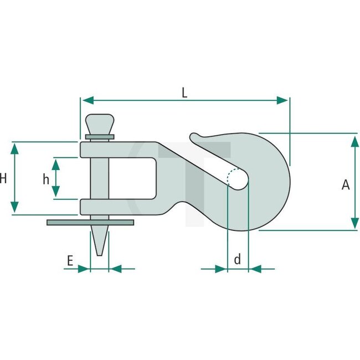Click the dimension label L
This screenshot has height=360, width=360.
point(184,92)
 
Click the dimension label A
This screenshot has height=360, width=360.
point(346,185)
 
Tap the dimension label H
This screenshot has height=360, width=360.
point(3,178)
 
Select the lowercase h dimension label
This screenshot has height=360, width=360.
point(47,178)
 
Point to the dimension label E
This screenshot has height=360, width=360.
point(70,260)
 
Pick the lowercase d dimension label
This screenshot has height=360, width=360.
point(238,259)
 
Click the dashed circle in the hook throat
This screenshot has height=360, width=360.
point(238,178)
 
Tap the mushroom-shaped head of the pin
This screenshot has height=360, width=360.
point(100,123)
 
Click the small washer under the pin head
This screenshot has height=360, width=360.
point(100,136)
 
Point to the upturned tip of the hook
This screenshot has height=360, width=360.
point(194,136)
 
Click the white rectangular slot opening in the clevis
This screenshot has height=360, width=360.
point(133,178)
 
